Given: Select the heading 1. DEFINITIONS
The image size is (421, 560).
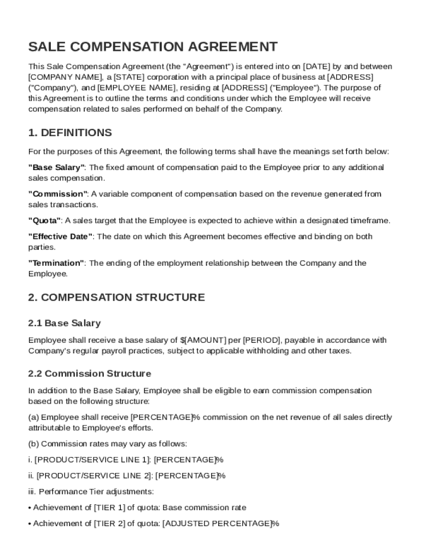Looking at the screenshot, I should pos(70,133).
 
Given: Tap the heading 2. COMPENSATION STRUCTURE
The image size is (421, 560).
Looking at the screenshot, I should pos(116,297).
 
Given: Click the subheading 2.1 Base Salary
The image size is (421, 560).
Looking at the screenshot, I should pos(65,323).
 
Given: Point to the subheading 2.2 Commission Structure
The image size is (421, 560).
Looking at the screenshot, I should pos(90,374).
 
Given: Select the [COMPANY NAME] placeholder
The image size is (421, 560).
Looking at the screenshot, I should pos(60,77).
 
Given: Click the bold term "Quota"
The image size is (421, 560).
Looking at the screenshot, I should pos(45,220).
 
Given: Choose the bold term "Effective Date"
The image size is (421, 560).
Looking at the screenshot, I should pos(61,236).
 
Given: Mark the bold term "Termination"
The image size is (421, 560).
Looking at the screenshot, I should pos(56,263).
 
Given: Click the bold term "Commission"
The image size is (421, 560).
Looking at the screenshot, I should pos(57,194).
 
